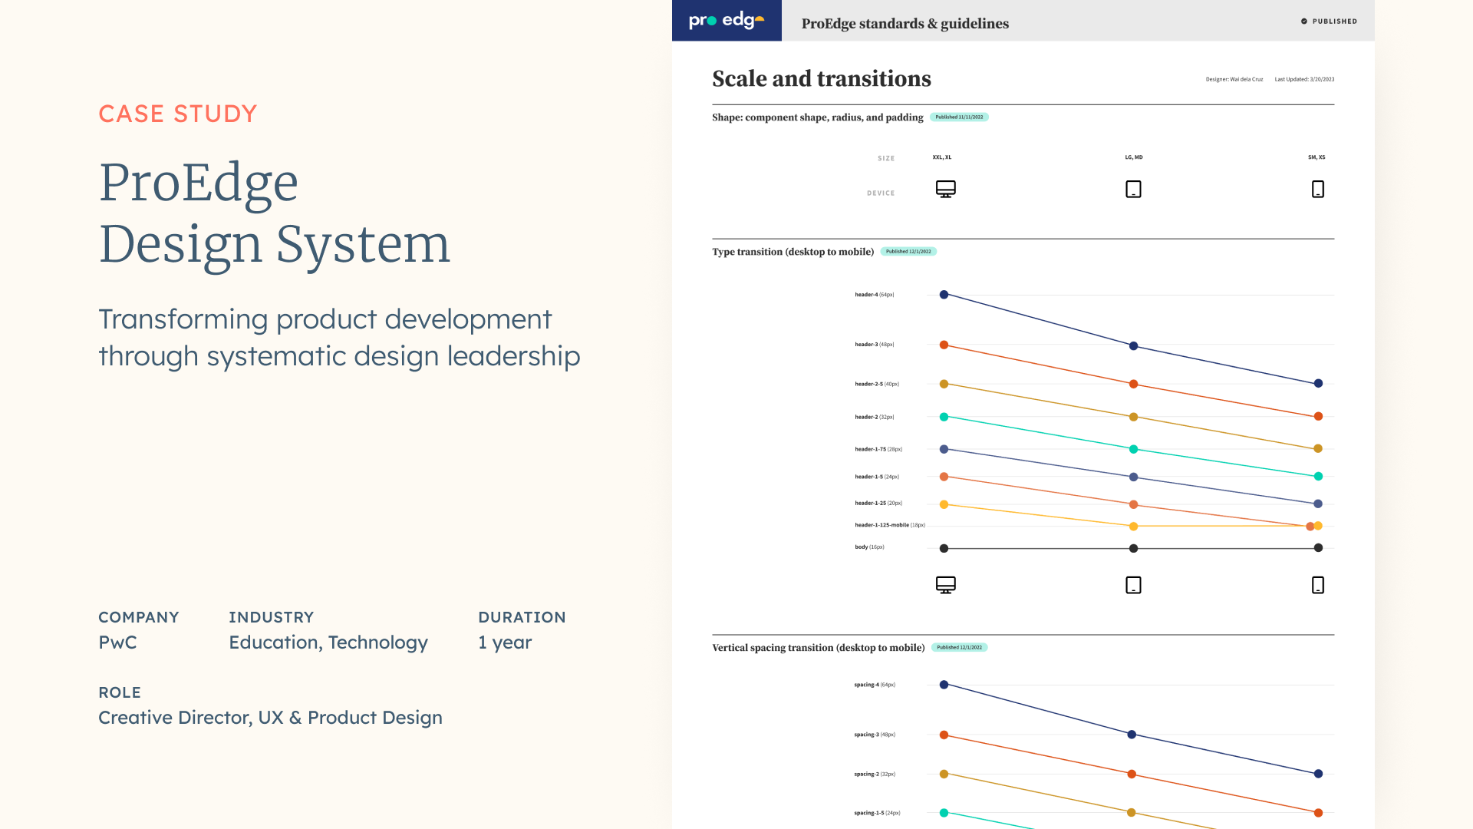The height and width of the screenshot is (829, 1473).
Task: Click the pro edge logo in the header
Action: pyautogui.click(x=726, y=21)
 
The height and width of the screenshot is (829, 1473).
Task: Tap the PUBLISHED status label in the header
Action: pyautogui.click(x=1333, y=21)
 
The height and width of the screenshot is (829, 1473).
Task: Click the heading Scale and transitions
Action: pyautogui.click(x=821, y=78)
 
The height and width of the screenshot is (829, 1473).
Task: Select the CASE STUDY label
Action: pyautogui.click(x=177, y=114)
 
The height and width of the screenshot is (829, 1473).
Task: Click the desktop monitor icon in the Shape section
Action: pyautogui.click(x=945, y=189)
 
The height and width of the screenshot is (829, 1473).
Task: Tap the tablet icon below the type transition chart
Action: pyautogui.click(x=1133, y=585)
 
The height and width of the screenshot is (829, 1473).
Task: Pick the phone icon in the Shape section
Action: pyautogui.click(x=1317, y=189)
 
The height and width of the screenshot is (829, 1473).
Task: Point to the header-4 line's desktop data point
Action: pyautogui.click(x=944, y=295)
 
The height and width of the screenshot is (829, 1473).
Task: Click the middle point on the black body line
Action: pyautogui.click(x=1133, y=548)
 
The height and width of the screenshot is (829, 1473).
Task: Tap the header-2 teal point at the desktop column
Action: pyautogui.click(x=944, y=417)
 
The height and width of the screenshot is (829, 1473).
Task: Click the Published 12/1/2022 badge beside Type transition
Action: pyautogui.click(x=908, y=252)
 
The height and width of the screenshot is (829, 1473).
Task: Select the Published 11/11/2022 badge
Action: pyautogui.click(x=959, y=117)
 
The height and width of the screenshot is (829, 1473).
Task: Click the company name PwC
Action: pyautogui.click(x=117, y=642)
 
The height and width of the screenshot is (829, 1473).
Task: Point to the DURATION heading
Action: pyautogui.click(x=522, y=617)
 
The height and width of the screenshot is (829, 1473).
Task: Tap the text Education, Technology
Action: pyautogui.click(x=328, y=642)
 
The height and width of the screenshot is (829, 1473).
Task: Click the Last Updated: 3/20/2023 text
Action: pyautogui.click(x=1304, y=79)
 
